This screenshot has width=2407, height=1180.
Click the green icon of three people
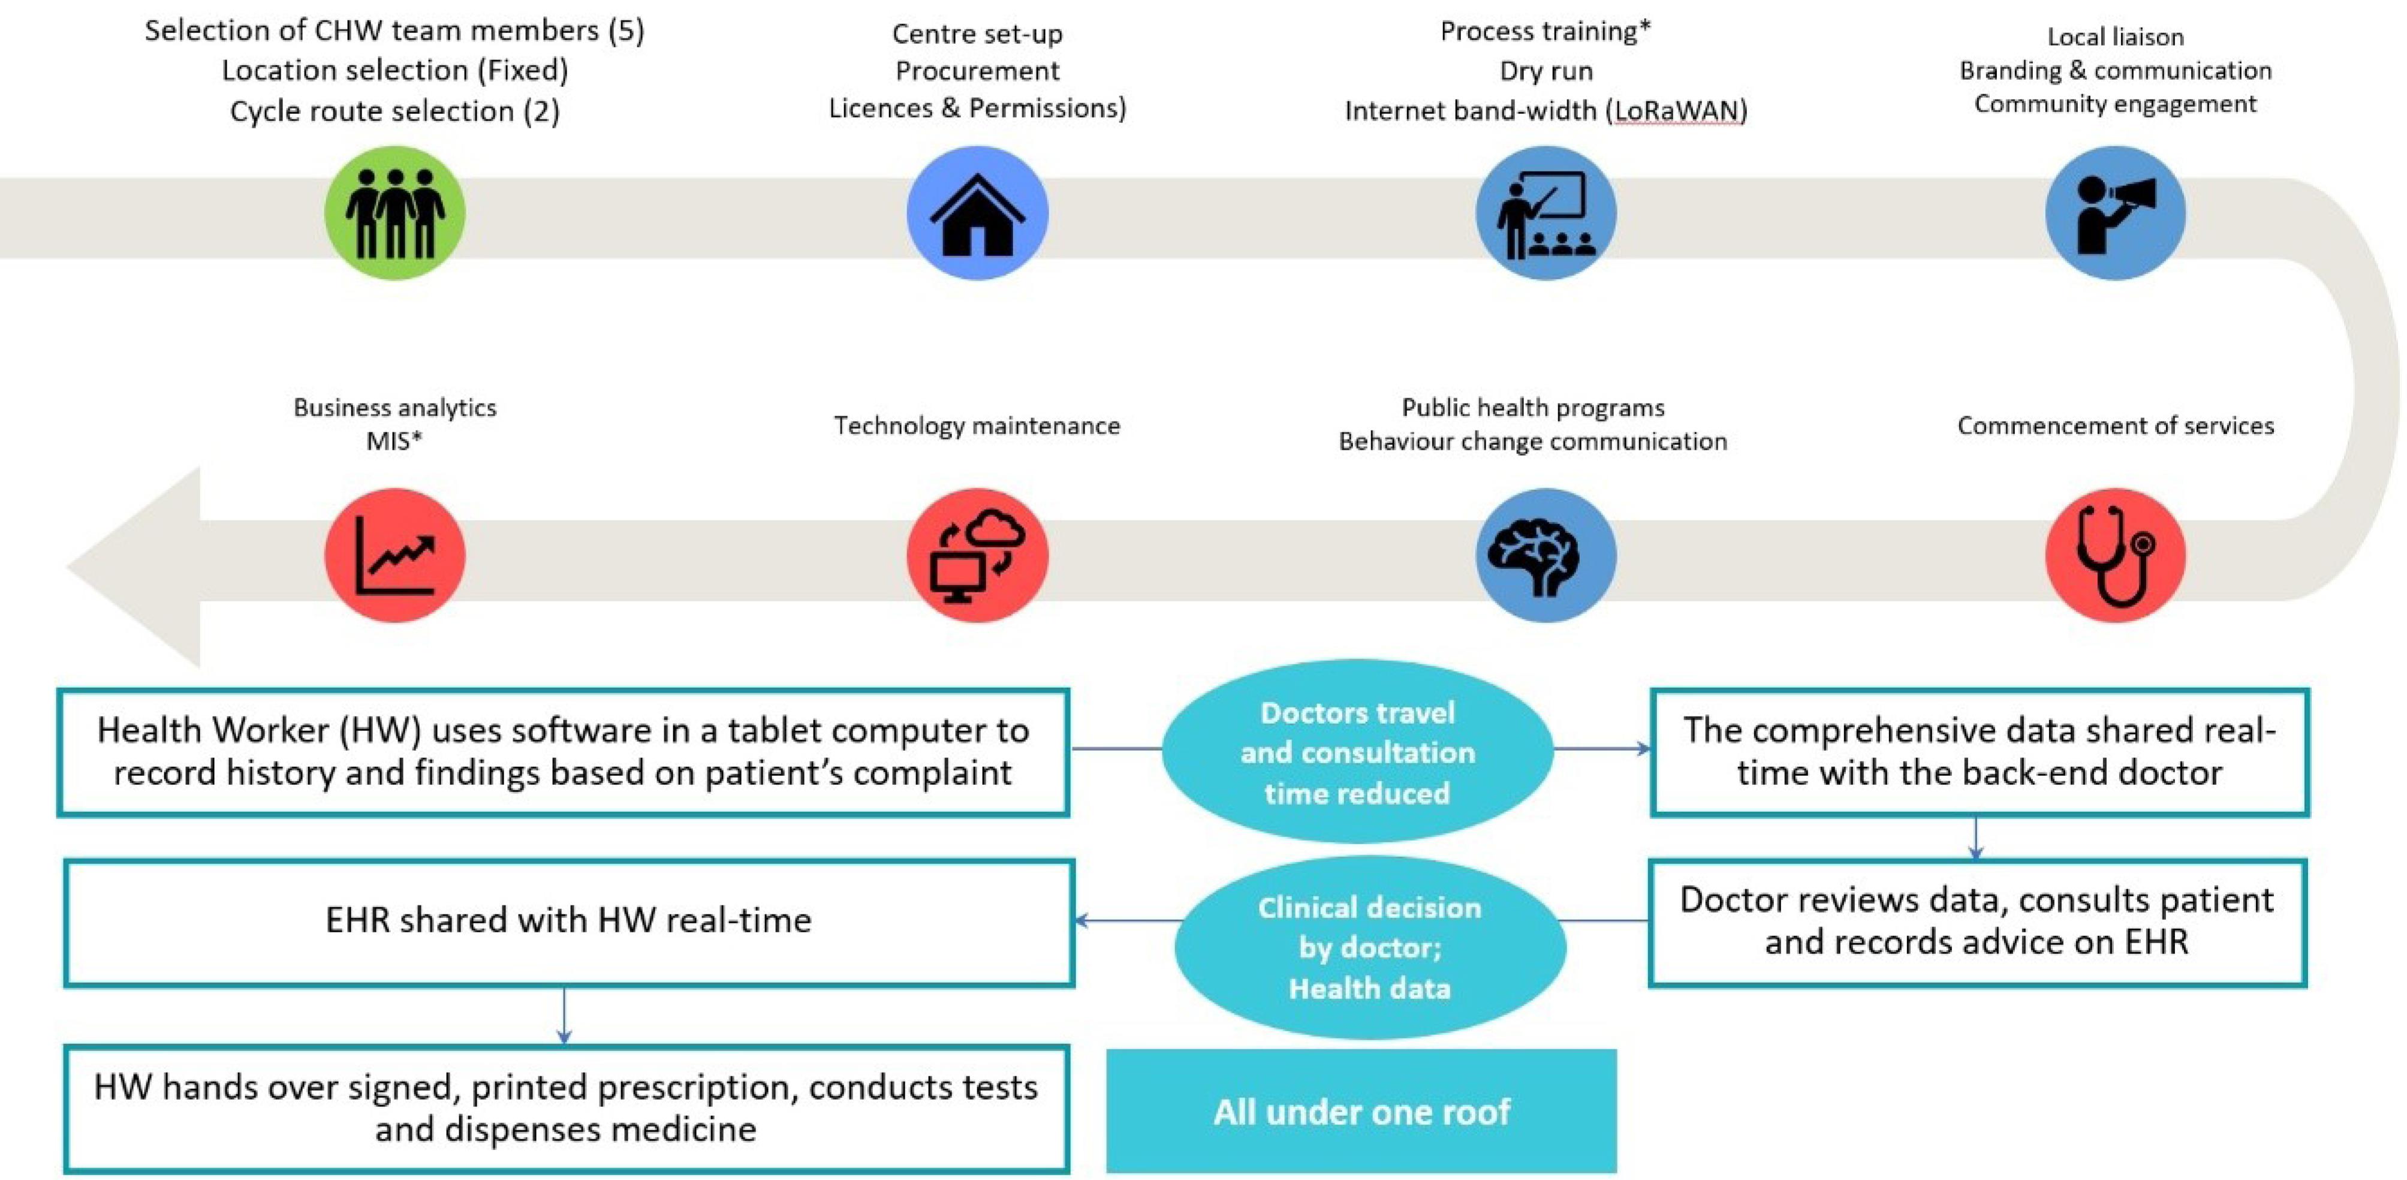point(394,213)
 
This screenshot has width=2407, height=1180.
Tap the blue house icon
point(977,213)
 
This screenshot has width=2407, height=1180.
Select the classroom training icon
point(1546,213)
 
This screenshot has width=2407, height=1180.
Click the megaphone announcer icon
point(2116,213)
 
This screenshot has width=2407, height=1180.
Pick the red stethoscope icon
point(2116,555)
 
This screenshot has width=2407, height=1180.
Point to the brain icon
point(1546,555)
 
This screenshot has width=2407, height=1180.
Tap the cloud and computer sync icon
point(977,555)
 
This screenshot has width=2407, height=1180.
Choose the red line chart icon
point(394,555)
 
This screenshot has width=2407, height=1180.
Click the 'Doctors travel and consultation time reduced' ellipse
point(1358,752)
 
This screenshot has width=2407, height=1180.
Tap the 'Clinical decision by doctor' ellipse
point(1370,947)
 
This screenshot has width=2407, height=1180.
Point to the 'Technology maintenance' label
point(977,426)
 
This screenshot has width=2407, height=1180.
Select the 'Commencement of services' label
point(2116,426)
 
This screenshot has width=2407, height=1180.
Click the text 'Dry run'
point(1547,71)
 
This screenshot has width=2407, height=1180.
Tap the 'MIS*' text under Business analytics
point(394,441)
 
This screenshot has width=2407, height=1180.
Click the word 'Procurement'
point(977,71)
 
